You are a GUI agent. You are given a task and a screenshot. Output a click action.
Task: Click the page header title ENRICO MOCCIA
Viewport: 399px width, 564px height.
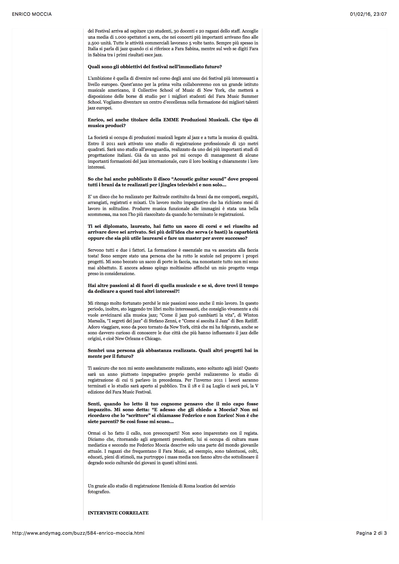pos(32,14)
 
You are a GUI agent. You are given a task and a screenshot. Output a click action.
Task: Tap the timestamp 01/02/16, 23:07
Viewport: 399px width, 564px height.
pos(368,14)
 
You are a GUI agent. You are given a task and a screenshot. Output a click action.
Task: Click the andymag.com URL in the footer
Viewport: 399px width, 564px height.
pos(78,533)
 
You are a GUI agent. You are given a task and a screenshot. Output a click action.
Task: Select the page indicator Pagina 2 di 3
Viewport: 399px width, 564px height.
pos(371,533)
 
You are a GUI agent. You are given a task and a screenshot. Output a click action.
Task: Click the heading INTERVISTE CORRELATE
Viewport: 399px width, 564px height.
pos(118,513)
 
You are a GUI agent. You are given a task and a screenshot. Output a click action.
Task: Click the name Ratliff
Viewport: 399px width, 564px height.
pos(250,321)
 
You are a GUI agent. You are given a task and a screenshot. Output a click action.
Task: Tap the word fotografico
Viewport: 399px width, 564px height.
pos(98,492)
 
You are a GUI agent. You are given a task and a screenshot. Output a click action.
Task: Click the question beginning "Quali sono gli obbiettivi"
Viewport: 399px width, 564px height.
pos(155,67)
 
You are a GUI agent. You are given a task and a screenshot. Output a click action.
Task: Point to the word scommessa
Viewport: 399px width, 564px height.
pos(99,214)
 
